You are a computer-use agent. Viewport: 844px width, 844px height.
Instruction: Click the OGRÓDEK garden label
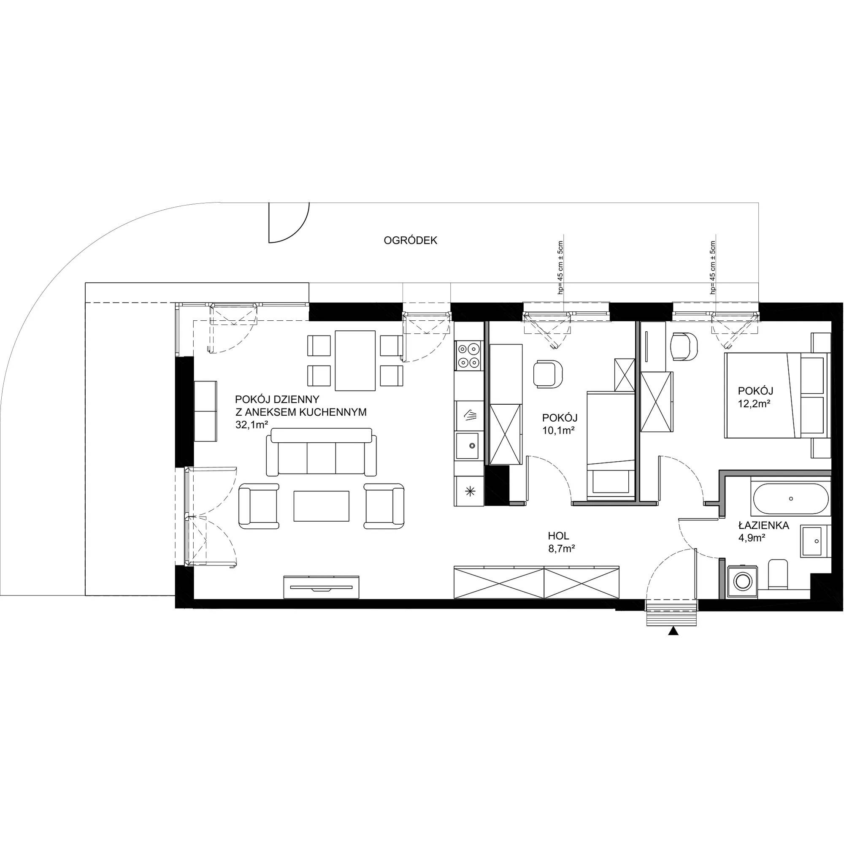pyautogui.click(x=410, y=241)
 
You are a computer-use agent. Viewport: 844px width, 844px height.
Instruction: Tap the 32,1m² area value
pyautogui.click(x=251, y=425)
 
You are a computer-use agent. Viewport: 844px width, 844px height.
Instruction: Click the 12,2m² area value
pyautogui.click(x=754, y=404)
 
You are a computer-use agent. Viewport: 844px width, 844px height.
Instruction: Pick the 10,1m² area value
pyautogui.click(x=558, y=431)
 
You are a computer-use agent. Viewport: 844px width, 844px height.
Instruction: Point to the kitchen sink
pyautogui.click(x=469, y=446)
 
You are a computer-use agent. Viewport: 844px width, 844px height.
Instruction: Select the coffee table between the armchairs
pyautogui.click(x=322, y=506)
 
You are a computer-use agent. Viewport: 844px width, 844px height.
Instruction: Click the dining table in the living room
pyautogui.click(x=355, y=360)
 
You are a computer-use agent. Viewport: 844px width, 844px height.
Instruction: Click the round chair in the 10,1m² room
pyautogui.click(x=548, y=373)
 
